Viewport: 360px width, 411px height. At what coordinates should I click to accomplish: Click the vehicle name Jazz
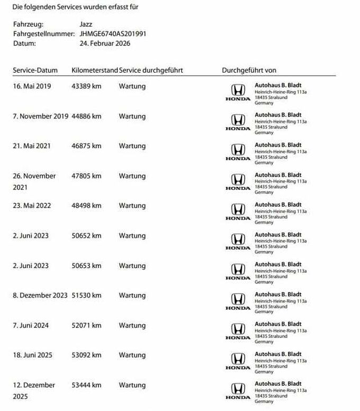[85, 24]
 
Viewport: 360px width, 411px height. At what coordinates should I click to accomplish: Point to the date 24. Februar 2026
[104, 43]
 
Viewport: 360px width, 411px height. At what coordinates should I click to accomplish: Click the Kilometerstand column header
[94, 70]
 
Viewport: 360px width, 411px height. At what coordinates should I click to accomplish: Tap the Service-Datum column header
[35, 70]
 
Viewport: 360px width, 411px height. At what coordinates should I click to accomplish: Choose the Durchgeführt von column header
[249, 70]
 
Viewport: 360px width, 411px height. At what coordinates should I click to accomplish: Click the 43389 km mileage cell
[86, 86]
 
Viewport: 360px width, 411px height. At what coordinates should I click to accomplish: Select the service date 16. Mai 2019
[32, 86]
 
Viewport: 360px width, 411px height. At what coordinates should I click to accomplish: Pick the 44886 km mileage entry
[86, 116]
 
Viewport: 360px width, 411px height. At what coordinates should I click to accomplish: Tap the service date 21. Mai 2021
[32, 146]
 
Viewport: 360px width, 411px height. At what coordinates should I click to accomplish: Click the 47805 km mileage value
[86, 176]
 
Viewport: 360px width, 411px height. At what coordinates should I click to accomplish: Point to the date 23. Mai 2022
[32, 205]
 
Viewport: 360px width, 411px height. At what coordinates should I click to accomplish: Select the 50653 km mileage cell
[86, 265]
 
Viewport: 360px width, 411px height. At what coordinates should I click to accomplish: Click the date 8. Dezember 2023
[40, 295]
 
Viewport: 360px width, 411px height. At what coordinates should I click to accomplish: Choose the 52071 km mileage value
[86, 325]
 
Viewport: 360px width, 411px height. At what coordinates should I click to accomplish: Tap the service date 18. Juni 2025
[33, 355]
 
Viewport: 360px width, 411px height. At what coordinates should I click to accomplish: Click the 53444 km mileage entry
[86, 385]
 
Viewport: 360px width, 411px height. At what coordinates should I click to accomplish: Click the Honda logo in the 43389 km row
[238, 92]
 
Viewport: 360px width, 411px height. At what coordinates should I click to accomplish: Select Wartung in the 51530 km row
[132, 295]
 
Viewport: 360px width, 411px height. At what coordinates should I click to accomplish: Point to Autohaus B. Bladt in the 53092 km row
[278, 354]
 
